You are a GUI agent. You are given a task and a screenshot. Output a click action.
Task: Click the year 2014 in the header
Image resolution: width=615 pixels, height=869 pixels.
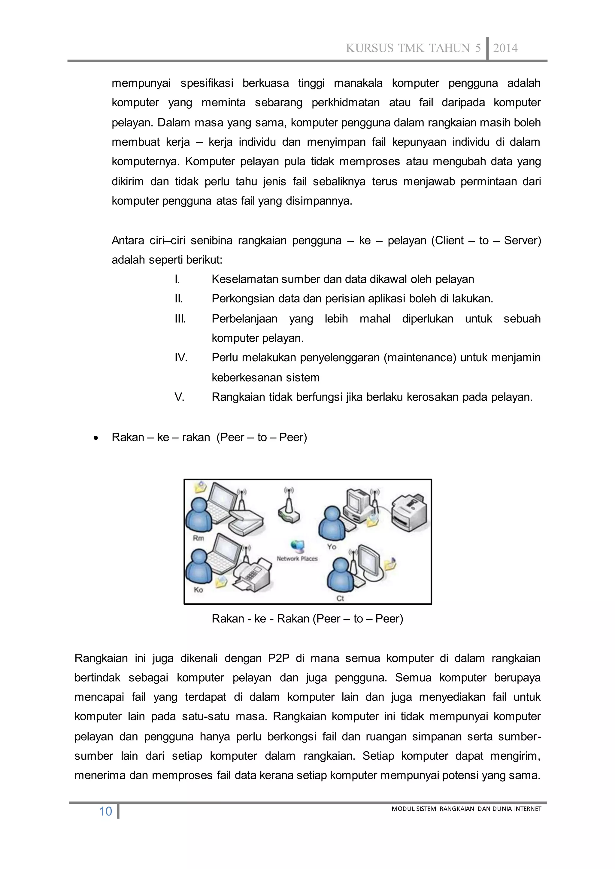(505, 48)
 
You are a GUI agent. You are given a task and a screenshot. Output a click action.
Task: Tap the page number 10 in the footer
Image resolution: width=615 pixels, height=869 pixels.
(105, 811)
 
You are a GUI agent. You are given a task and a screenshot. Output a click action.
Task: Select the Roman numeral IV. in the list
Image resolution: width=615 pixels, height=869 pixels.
(181, 357)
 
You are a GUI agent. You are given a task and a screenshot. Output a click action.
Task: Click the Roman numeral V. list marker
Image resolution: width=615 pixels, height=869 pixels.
(180, 397)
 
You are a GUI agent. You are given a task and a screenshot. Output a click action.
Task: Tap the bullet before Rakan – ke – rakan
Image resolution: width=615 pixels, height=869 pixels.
(96, 438)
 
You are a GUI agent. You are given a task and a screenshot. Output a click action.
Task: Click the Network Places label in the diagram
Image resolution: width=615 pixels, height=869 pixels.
(297, 559)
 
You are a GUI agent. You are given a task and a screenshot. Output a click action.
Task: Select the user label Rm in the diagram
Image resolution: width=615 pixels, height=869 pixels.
(198, 538)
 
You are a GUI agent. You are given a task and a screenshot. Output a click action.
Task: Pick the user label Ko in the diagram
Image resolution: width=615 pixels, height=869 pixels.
(198, 589)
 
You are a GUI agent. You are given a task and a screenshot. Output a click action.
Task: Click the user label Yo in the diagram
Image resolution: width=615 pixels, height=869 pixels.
(332, 547)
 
